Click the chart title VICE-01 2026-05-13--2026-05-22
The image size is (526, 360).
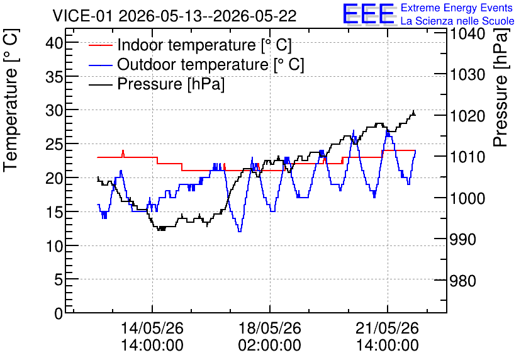click(x=174, y=16)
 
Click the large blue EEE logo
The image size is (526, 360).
click(x=368, y=14)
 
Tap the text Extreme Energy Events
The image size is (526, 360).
click(x=457, y=8)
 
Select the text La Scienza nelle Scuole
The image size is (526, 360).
click(x=457, y=21)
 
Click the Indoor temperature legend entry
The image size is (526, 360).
click(x=190, y=45)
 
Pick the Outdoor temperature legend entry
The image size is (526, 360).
click(x=196, y=64)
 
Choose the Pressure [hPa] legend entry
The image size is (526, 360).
click(x=157, y=84)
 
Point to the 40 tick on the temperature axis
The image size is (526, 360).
click(x=54, y=43)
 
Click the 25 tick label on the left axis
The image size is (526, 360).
click(x=54, y=144)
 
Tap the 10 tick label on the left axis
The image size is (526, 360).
click(x=54, y=246)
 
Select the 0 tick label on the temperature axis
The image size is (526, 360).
click(x=59, y=313)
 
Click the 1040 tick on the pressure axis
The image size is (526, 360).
click(x=467, y=33)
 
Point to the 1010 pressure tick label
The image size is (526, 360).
click(x=467, y=157)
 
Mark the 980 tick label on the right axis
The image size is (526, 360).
click(x=463, y=281)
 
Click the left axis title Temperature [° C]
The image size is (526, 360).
click(x=11, y=100)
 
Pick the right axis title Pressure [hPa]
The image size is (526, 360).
click(x=501, y=87)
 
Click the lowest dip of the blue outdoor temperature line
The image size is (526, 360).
click(x=240, y=231)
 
